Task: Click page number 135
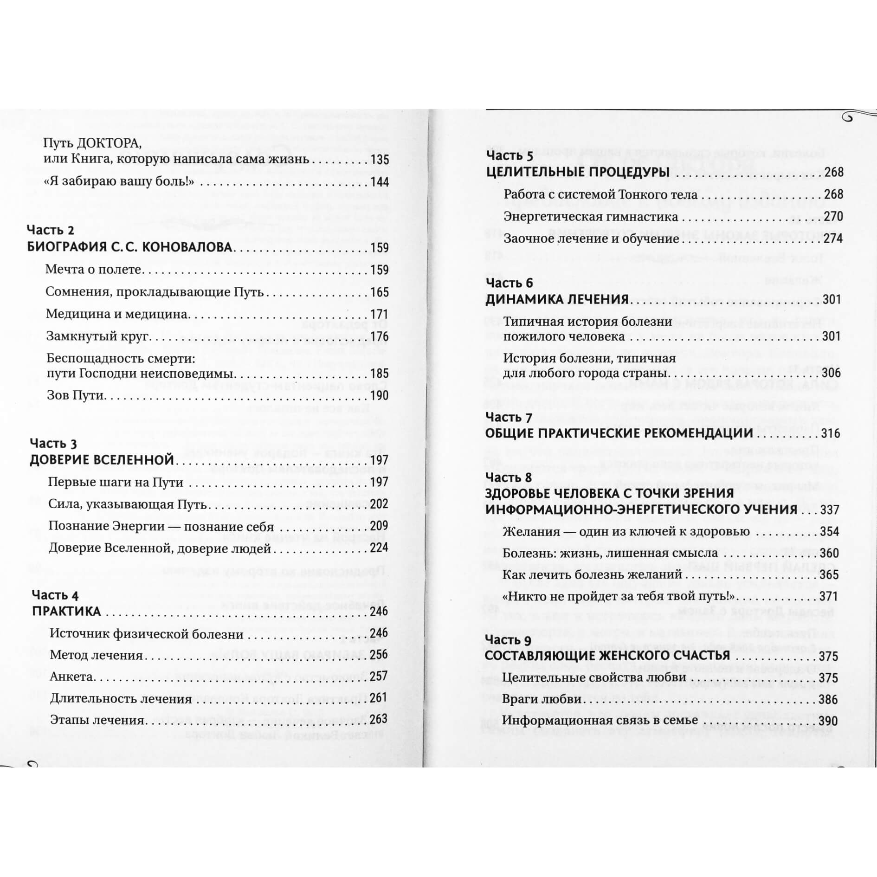click(x=380, y=160)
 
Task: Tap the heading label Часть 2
click(x=51, y=230)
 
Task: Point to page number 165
click(x=380, y=292)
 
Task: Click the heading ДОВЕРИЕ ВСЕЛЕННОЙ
click(x=102, y=460)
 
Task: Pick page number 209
click(x=379, y=526)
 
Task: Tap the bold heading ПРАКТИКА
click(x=66, y=612)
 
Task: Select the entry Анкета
click(x=71, y=677)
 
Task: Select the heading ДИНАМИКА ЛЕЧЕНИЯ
click(x=557, y=299)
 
